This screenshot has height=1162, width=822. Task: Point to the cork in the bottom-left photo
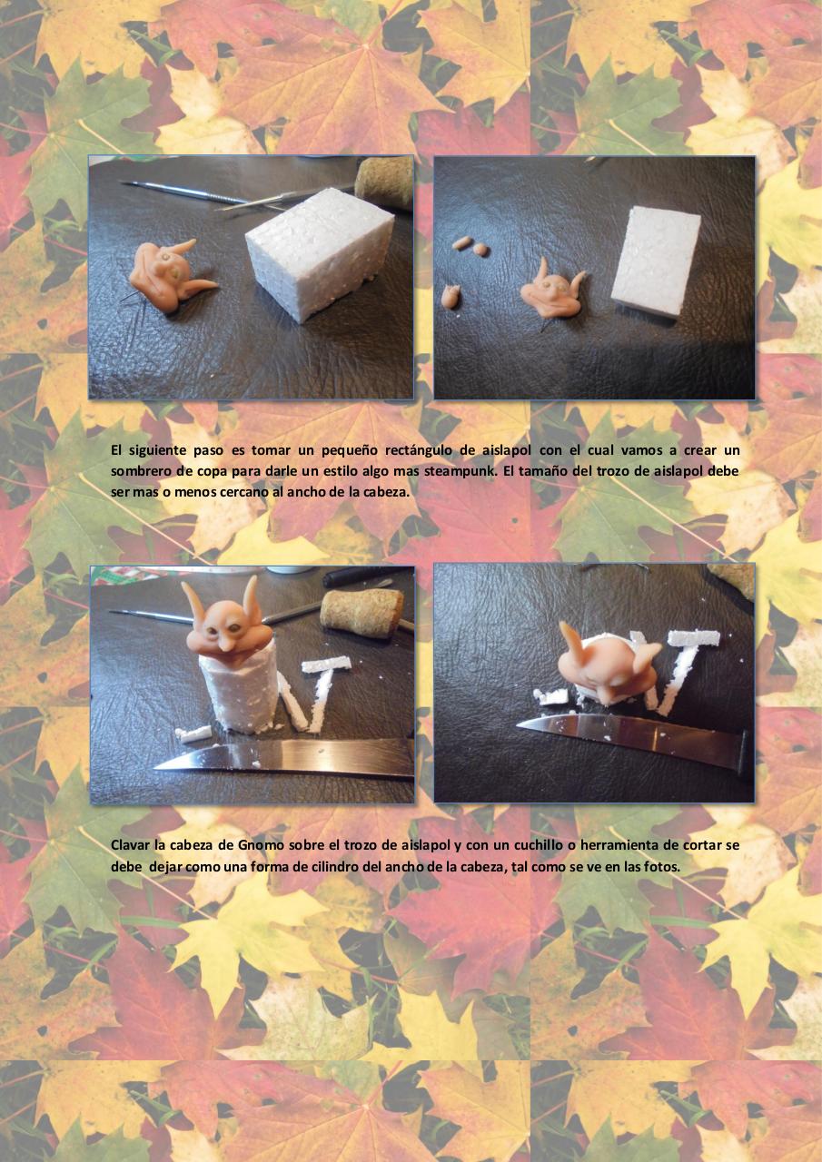pos(362,613)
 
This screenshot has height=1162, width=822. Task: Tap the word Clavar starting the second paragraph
pos(129,845)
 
